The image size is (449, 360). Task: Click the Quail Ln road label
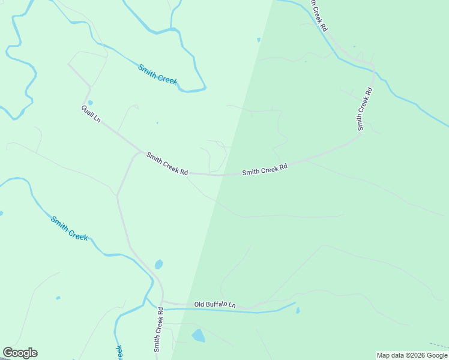tap(91, 113)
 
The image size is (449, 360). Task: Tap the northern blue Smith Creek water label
tap(158, 74)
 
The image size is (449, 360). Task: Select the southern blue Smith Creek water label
tap(69, 228)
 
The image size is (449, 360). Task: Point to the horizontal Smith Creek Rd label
tap(265, 169)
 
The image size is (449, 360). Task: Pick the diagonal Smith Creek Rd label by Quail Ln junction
tap(167, 164)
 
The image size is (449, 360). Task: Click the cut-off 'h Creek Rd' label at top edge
tap(318, 16)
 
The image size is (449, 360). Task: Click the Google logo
tap(20, 353)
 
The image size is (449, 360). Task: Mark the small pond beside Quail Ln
tap(90, 103)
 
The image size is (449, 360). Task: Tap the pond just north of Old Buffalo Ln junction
tap(158, 264)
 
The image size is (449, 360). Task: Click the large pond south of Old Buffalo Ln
tap(198, 335)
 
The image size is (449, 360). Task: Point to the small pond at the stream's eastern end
tap(298, 310)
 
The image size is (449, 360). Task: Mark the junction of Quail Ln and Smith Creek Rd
tap(142, 152)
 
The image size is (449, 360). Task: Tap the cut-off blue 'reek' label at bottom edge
tap(119, 352)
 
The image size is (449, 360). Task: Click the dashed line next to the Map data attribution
tap(439, 346)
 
